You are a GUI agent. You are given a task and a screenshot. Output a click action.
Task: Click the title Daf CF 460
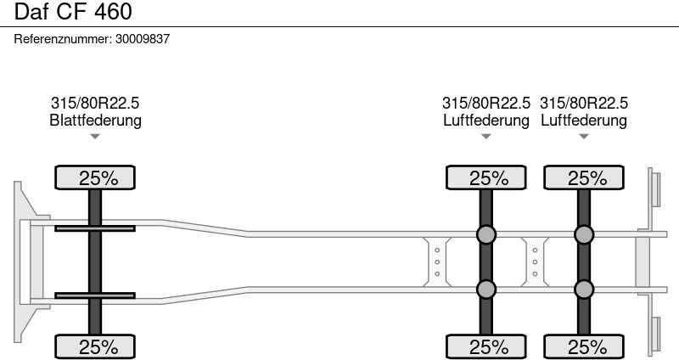pyautogui.click(x=73, y=11)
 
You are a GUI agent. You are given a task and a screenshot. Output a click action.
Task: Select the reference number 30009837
pyautogui.click(x=143, y=39)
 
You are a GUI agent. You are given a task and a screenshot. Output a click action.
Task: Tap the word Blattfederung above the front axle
pyautogui.click(x=95, y=120)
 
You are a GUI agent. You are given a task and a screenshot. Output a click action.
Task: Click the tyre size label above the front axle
pyautogui.click(x=95, y=103)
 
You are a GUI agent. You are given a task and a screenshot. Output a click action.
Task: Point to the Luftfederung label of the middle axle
pyautogui.click(x=486, y=120)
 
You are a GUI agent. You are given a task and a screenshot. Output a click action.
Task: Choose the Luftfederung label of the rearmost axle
pyautogui.click(x=584, y=120)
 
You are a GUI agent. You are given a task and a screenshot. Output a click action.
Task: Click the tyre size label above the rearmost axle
pyautogui.click(x=584, y=103)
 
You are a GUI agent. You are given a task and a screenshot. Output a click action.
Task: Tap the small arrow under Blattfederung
pyautogui.click(x=95, y=137)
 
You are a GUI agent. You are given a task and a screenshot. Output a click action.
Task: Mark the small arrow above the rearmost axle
pyautogui.click(x=584, y=137)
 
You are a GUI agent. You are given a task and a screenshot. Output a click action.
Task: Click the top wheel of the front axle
pyautogui.click(x=95, y=177)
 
